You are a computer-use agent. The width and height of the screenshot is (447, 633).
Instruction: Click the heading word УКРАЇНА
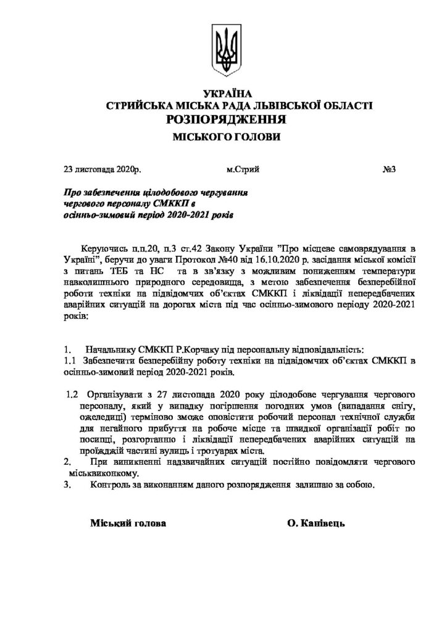click(223, 95)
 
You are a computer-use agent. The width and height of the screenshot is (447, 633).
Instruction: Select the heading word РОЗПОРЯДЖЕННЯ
click(224, 119)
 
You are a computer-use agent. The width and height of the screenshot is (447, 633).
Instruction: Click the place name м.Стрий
click(243, 169)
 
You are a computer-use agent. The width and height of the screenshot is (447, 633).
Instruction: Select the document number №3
click(390, 169)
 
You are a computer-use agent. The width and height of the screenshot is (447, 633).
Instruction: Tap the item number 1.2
click(72, 394)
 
